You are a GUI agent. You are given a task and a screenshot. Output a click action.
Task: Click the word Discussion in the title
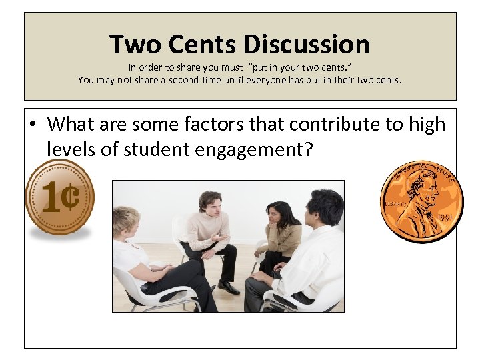(306, 45)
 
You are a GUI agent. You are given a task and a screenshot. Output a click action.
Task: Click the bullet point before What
(33, 125)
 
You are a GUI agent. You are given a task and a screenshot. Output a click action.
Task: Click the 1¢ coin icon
(60, 197)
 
